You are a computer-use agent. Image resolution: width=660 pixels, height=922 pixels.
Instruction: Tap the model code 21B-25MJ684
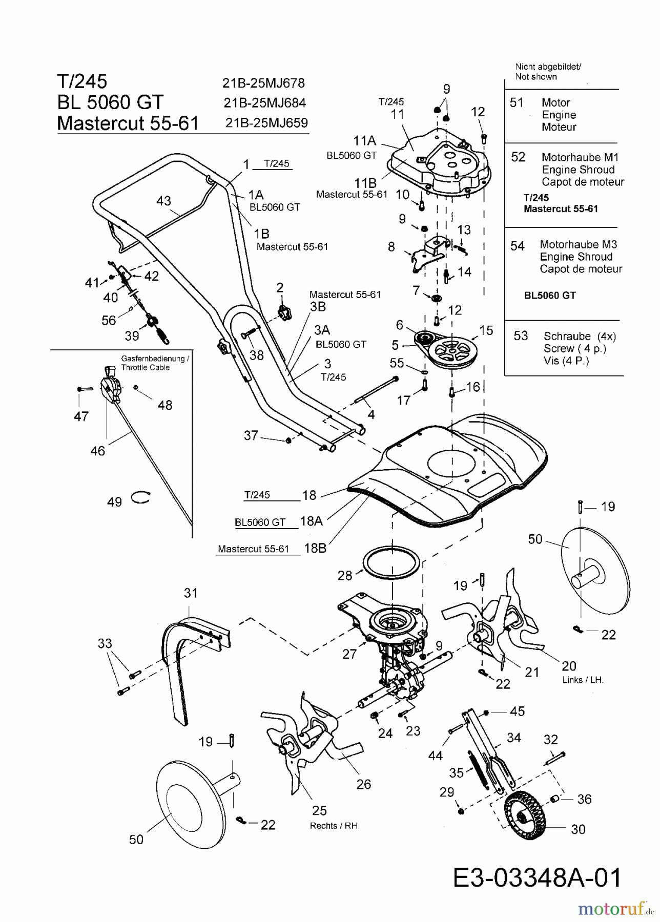click(264, 103)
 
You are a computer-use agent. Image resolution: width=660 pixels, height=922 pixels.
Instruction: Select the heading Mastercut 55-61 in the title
click(128, 123)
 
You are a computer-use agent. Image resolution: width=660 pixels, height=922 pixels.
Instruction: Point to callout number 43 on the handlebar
click(163, 201)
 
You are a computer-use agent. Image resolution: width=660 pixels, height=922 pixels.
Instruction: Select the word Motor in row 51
click(555, 102)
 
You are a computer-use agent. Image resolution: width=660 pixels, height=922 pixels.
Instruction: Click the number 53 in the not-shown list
click(521, 336)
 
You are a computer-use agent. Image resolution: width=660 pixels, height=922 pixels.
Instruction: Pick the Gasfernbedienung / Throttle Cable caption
click(155, 363)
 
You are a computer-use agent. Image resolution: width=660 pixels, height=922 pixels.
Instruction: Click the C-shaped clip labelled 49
click(140, 496)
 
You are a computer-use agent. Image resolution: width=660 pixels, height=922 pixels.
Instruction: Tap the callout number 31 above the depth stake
click(190, 593)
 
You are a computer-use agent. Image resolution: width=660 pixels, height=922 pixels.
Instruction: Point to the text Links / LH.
click(582, 680)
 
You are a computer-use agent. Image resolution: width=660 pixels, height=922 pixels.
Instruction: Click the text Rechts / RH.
click(335, 826)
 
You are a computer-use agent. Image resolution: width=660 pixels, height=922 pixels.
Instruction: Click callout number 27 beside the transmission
click(349, 654)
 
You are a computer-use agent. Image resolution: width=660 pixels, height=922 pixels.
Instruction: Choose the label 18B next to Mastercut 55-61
click(315, 548)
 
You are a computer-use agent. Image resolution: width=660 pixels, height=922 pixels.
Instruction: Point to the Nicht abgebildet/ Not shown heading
click(547, 72)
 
